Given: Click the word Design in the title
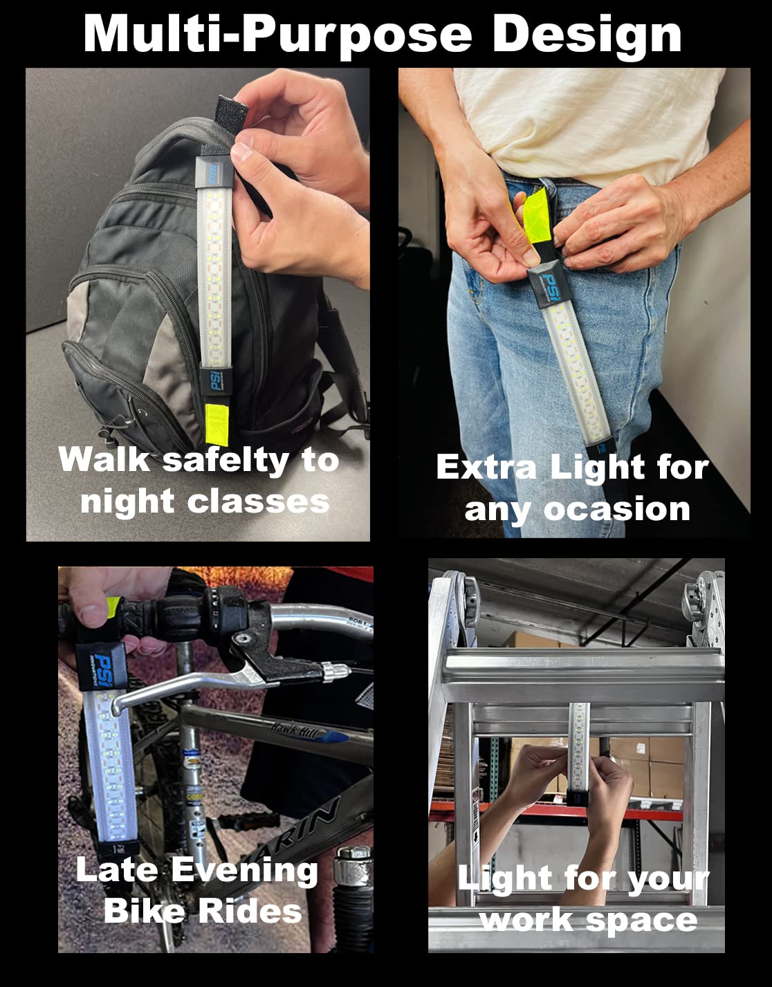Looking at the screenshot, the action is click(587, 37).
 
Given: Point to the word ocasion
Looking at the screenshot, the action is click(617, 509).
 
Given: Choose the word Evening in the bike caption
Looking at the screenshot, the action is click(245, 871).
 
